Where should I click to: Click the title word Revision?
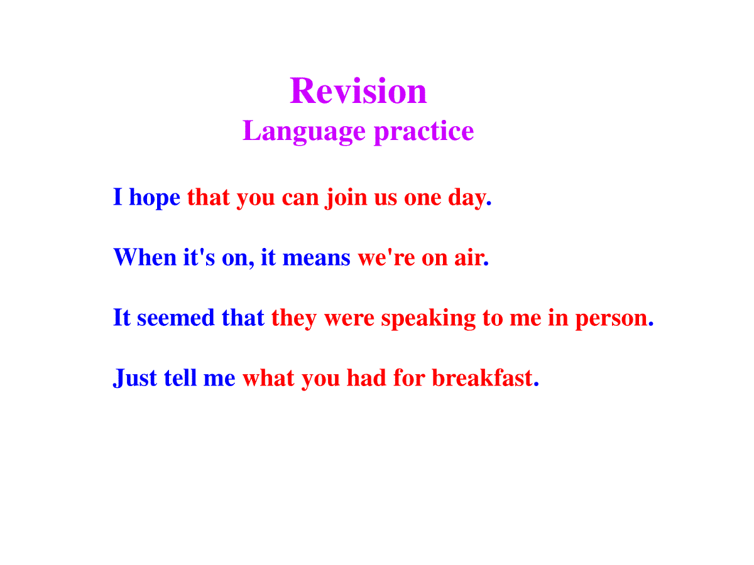tap(358, 90)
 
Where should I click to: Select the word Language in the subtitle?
tap(304, 131)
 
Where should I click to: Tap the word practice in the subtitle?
tap(423, 131)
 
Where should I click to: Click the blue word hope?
tap(154, 198)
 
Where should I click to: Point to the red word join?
tap(346, 198)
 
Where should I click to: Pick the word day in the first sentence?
tap(469, 198)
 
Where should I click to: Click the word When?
tap(145, 257)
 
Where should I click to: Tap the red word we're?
tap(386, 257)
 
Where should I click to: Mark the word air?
tap(471, 257)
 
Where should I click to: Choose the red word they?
tap(293, 318)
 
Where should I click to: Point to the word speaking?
tap(429, 318)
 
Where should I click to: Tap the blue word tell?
tap(180, 377)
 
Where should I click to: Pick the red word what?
tap(268, 377)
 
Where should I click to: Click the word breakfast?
tap(485, 377)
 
